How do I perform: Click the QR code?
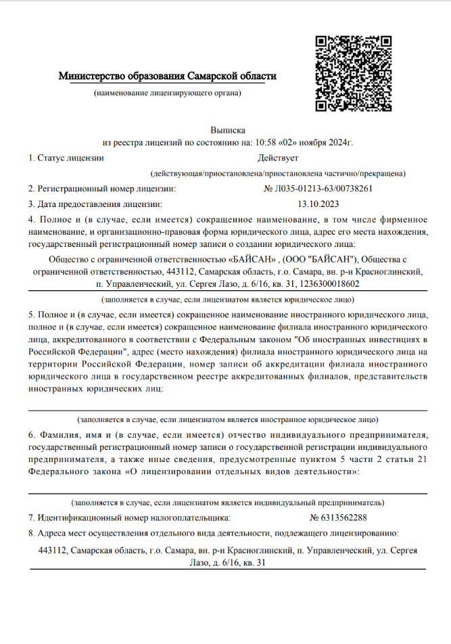tap(350, 72)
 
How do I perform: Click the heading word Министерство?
tap(92, 76)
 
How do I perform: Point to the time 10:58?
tap(264, 143)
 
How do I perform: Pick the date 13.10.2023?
tap(318, 203)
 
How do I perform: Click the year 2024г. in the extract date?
tap(338, 143)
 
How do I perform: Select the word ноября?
tap(308, 143)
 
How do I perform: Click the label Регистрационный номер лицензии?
tap(106, 189)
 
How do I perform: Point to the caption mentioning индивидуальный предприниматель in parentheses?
tap(228, 503)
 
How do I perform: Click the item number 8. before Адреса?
tap(32, 534)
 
